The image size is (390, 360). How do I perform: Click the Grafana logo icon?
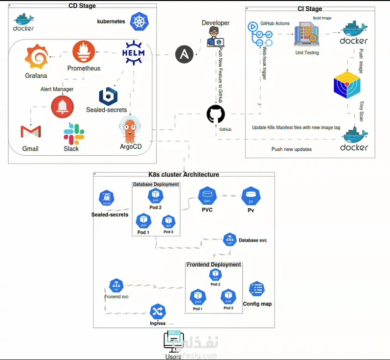point(36,57)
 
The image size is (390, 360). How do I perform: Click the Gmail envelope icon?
point(30,132)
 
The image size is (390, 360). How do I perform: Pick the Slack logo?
point(74,134)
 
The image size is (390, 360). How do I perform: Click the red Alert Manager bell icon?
point(62,107)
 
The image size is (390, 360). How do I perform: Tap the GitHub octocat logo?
point(215,115)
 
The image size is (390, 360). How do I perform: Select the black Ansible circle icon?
point(184,54)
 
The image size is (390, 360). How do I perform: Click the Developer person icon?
point(215,37)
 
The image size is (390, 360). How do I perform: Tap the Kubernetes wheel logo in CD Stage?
point(139,21)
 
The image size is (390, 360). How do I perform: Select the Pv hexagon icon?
point(251,196)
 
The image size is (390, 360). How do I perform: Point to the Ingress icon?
point(158,312)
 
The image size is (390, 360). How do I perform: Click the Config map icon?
point(257,289)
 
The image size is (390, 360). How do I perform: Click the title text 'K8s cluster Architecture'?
point(184,174)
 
